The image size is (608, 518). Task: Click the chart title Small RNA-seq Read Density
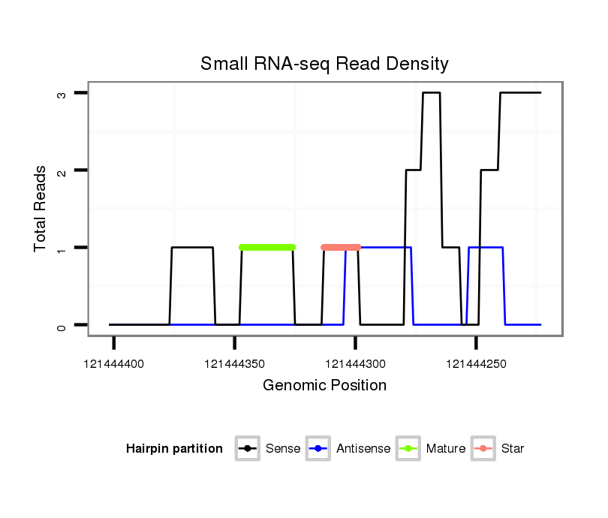[324, 64]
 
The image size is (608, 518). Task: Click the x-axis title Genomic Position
[324, 386]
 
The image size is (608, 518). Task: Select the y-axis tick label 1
[63, 248]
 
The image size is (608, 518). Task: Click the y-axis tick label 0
[63, 325]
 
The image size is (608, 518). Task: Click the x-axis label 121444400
[114, 364]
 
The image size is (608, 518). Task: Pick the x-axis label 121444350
[235, 364]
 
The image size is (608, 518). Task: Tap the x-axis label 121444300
[356, 364]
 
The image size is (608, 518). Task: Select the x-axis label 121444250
[477, 364]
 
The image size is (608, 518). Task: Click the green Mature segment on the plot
[267, 247]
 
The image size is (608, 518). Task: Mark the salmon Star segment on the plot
[341, 247]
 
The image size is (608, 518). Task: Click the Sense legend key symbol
[247, 449]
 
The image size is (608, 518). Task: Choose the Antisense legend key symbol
[318, 449]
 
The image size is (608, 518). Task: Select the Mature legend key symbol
[408, 449]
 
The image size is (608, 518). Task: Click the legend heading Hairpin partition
[174, 449]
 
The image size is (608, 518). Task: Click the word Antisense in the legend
[363, 449]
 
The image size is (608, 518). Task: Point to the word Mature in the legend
[446, 449]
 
